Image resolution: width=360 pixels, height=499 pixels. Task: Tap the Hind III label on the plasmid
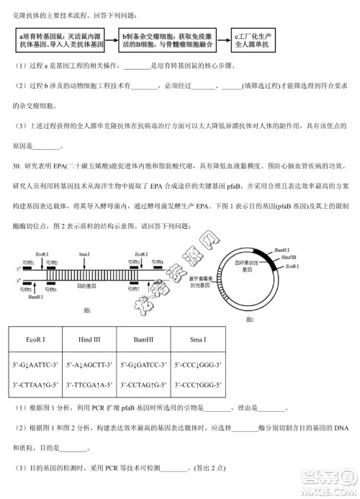pyautogui.click(x=289, y=258)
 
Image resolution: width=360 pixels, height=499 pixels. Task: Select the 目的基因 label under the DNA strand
pyautogui.click(x=86, y=287)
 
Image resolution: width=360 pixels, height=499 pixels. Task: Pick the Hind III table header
pyautogui.click(x=88, y=339)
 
